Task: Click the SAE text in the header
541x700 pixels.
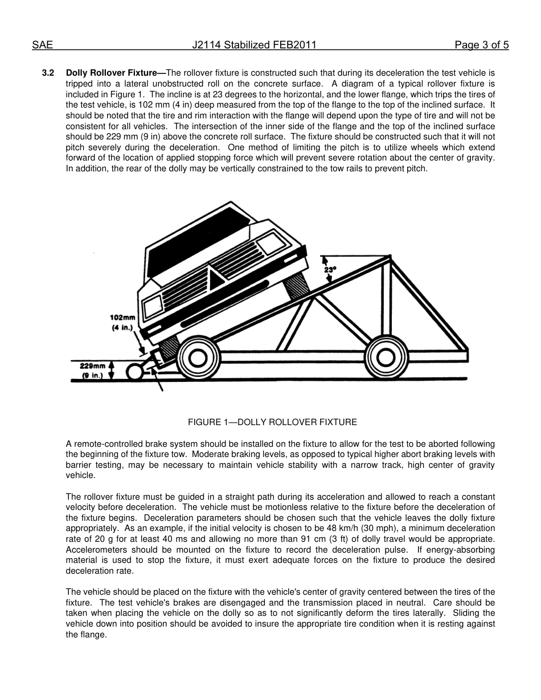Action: click(42, 46)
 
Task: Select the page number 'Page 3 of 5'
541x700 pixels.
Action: click(481, 46)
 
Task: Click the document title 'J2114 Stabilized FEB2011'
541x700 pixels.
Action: click(254, 46)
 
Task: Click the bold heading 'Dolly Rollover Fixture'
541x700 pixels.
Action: click(111, 73)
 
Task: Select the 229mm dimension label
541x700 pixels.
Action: click(92, 366)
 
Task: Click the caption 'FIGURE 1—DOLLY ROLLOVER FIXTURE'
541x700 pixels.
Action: click(272, 422)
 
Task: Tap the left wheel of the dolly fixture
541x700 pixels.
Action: click(198, 358)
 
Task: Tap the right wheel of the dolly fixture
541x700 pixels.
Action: click(386, 357)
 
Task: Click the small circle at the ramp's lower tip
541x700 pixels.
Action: click(134, 372)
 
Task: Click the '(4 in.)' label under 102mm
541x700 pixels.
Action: click(122, 328)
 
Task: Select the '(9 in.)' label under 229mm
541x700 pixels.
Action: click(92, 376)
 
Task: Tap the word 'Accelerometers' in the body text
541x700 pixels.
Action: click(95, 550)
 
